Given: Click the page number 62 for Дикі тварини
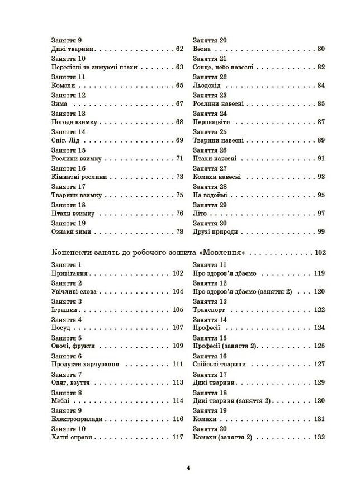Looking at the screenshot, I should [179, 49].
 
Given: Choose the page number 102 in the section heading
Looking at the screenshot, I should [320, 252].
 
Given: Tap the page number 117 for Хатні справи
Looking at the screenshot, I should [178, 437].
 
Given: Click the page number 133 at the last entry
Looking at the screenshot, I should [319, 437].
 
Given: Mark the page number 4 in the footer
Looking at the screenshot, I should [188, 469].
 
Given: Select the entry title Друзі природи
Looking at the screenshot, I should [215, 231].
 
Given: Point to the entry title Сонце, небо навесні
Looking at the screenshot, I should [222, 67].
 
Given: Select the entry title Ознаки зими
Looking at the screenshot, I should [70, 231].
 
